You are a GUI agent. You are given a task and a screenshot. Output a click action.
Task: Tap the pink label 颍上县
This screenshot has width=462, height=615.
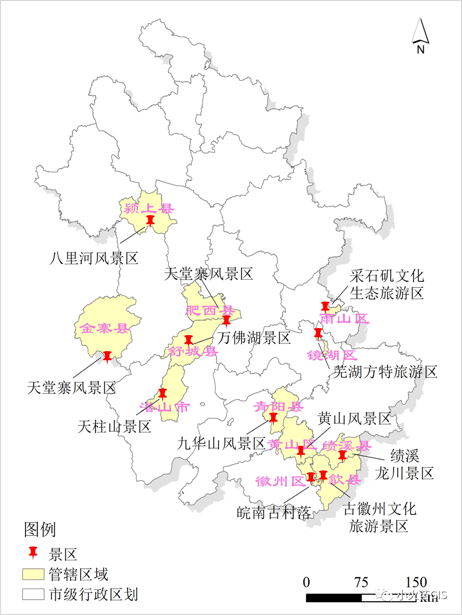point(149,208)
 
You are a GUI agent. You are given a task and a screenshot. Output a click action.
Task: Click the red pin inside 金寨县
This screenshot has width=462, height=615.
point(108,356)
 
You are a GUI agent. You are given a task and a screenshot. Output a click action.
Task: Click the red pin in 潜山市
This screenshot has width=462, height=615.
point(162,394)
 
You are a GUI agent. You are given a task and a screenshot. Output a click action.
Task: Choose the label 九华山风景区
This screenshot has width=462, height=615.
point(221,443)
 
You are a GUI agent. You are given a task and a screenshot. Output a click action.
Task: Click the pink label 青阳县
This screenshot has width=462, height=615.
point(278,407)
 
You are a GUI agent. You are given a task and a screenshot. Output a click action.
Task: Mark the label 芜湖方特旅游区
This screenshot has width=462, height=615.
point(385,372)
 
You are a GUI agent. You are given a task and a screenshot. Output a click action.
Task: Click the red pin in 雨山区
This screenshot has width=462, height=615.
point(325,307)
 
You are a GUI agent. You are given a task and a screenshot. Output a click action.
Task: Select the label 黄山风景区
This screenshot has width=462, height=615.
point(355,419)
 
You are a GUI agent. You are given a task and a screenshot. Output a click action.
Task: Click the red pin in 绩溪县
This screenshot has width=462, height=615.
point(342,456)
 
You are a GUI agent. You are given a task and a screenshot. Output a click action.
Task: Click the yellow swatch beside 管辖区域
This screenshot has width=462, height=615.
point(32,575)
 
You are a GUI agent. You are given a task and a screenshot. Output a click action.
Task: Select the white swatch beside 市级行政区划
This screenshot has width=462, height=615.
point(32,594)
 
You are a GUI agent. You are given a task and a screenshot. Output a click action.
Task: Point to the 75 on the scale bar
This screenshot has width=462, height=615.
point(361,582)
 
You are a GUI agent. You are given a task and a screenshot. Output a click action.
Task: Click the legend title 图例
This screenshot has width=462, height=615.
point(40,529)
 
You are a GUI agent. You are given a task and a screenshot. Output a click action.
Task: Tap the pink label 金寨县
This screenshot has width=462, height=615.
point(105,328)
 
